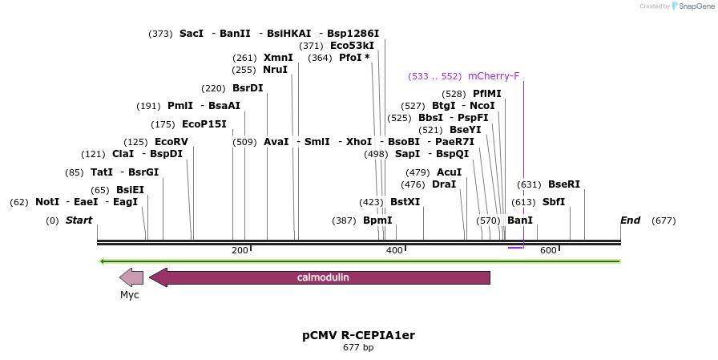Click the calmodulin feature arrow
pos(321,277)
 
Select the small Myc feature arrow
pos(131,277)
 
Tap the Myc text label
pos(130,295)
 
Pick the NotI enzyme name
pos(47,202)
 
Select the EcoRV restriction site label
pos(171,142)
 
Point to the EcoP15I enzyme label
pos(204,124)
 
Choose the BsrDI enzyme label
pos(248,88)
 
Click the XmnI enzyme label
pos(278,58)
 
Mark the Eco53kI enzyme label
pos(352,46)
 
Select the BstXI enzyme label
pos(405,202)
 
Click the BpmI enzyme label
pos(377,220)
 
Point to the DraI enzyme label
pos(443,184)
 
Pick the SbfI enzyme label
pos(554,202)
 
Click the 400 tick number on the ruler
pos(394,251)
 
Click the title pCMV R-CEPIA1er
pos(358,334)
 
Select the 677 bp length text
pos(358,348)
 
